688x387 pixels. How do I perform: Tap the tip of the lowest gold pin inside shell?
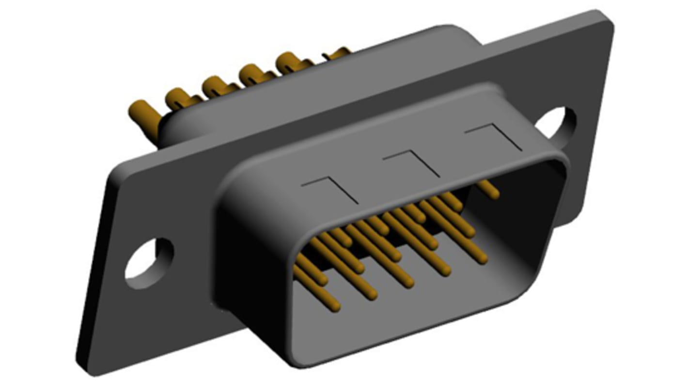coord(336,306)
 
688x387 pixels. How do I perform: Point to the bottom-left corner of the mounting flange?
coord(85,366)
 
